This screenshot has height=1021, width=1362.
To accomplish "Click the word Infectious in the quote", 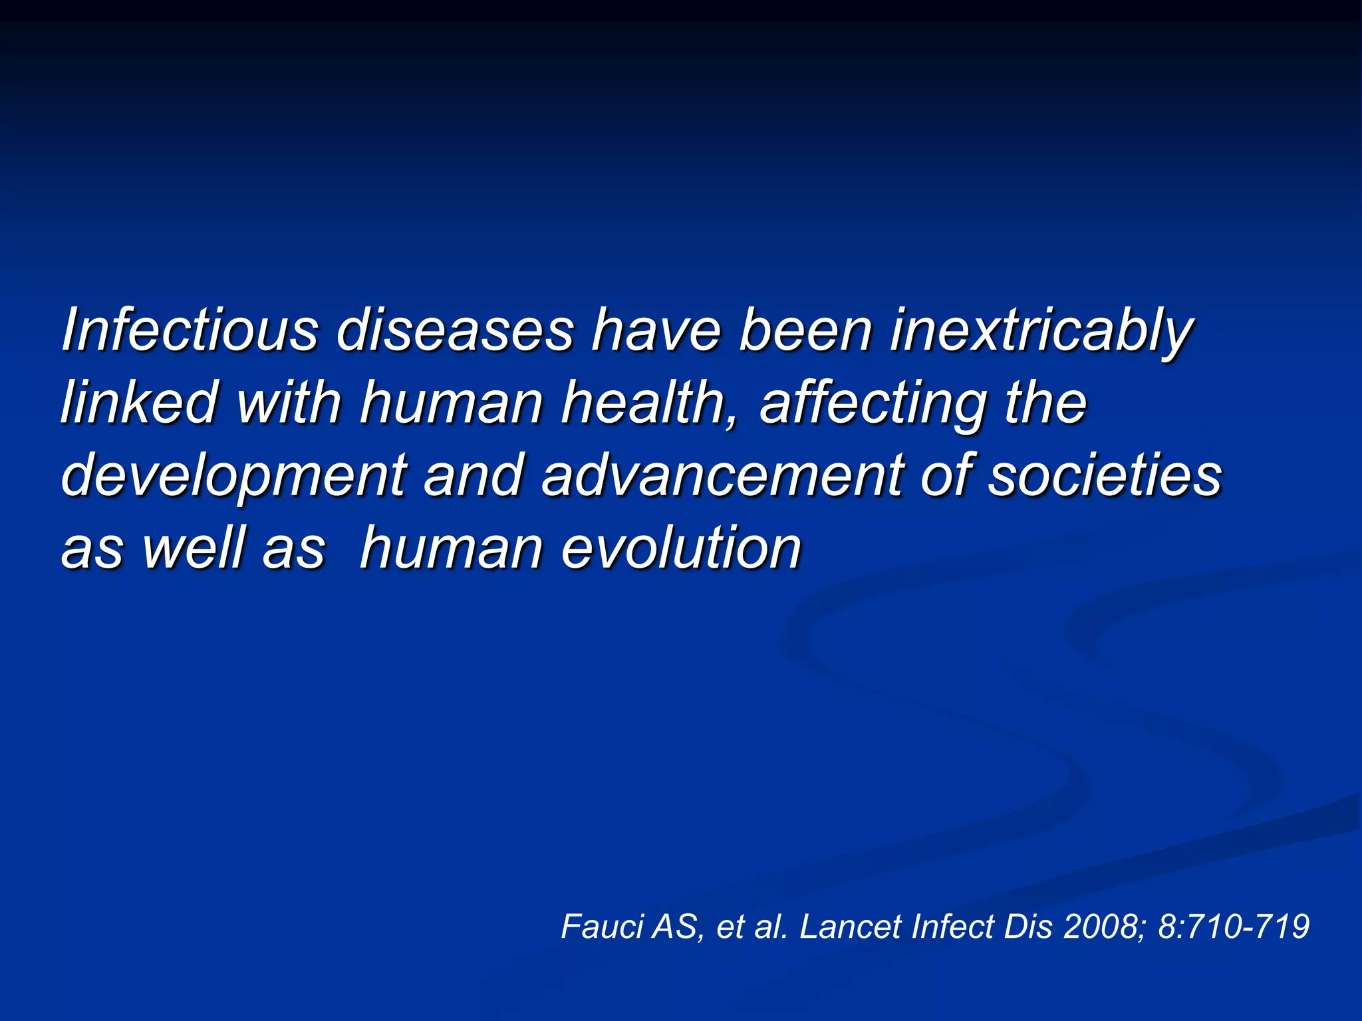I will click(x=190, y=330).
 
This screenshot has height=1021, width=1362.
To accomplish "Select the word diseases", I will click(x=455, y=330).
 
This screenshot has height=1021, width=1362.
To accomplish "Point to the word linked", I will click(x=139, y=402).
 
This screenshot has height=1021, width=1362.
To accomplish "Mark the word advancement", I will click(x=722, y=475).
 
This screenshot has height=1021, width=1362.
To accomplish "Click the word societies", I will click(x=1105, y=475).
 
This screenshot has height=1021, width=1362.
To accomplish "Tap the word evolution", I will click(x=682, y=548).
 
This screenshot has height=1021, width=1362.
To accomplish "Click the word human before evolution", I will click(x=452, y=548).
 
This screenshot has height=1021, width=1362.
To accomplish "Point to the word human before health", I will click(x=452, y=403).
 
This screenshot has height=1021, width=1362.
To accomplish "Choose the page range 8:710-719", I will click(x=1234, y=926).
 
